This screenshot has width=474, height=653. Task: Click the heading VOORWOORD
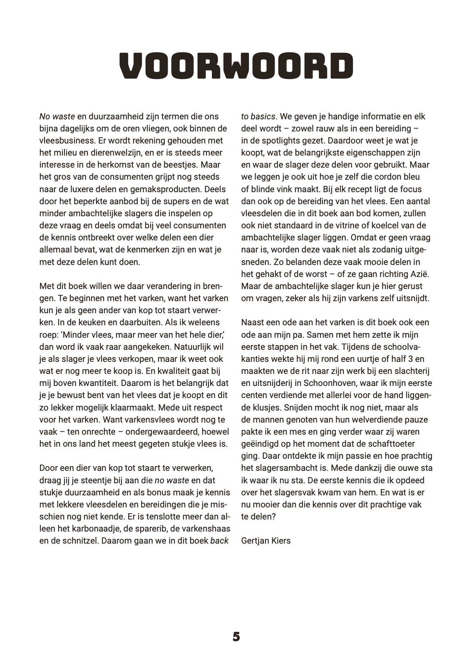(236, 66)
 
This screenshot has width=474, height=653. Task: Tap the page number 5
(236, 637)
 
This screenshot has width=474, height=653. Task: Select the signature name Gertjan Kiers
(266, 541)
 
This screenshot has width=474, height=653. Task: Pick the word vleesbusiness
(66, 141)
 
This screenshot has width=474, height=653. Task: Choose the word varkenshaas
(203, 529)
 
